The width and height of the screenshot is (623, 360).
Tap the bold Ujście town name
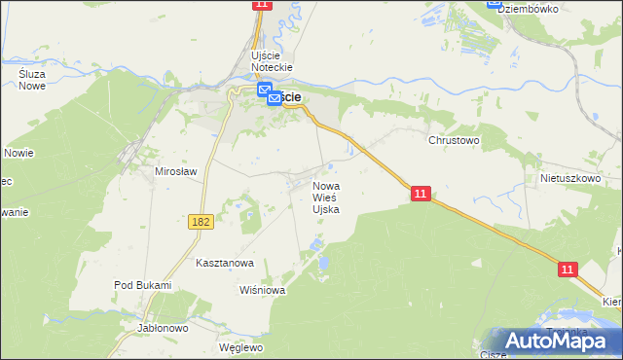(x=289, y=98)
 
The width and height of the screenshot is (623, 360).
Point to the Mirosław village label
(x=176, y=171)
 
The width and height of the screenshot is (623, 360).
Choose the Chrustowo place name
(x=455, y=140)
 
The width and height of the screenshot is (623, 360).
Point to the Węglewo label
(x=241, y=347)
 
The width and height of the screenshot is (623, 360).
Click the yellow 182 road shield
(x=201, y=223)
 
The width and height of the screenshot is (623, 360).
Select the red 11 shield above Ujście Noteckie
(x=260, y=5)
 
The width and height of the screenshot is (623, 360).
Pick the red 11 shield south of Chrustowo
(x=420, y=195)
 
